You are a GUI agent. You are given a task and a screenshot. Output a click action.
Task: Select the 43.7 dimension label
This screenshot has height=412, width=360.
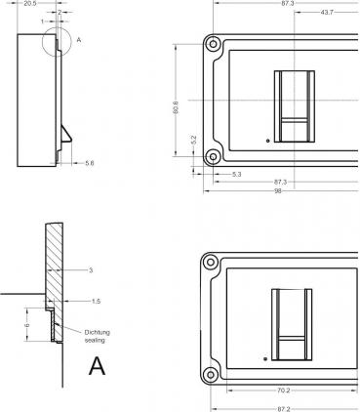point(326,12)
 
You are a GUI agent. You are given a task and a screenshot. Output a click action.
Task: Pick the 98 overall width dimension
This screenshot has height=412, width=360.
point(279,191)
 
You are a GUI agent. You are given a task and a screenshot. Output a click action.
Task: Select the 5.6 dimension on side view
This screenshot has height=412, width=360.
point(90,163)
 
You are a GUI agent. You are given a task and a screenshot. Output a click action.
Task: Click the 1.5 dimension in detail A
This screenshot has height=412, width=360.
point(96,302)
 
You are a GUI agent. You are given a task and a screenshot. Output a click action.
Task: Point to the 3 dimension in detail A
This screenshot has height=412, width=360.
point(89,268)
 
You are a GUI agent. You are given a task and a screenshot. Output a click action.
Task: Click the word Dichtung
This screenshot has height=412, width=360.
point(98,332)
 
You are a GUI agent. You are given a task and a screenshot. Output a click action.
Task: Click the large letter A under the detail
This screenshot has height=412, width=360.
point(97,367)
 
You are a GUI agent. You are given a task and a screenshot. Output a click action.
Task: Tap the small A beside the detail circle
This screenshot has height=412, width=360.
point(78,40)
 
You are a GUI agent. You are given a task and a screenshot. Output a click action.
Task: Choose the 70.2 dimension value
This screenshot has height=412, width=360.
point(284,390)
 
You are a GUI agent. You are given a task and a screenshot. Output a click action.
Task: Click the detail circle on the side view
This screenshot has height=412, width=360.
point(58,42)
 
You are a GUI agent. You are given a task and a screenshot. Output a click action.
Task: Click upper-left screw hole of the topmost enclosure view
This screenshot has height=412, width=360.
point(212,44)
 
